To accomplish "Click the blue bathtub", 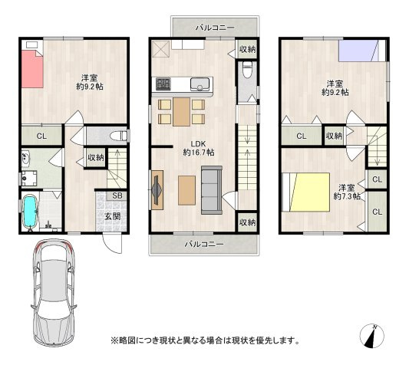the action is click(x=31, y=211).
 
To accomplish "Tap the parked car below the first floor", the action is click(x=54, y=293).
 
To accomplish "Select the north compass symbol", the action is click(x=371, y=336).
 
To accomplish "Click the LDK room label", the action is click(x=199, y=148).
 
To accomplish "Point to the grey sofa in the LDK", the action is click(x=212, y=190).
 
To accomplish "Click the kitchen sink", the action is click(x=200, y=84).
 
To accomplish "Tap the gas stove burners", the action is click(x=163, y=84).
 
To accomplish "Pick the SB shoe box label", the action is click(x=117, y=195).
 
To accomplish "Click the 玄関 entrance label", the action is click(x=113, y=216).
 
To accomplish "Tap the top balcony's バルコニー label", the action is click(x=215, y=28).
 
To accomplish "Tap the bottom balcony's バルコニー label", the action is click(x=204, y=245).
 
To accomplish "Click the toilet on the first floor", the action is click(x=119, y=136).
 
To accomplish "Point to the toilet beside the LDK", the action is click(x=247, y=69).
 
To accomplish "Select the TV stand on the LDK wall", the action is click(x=157, y=190).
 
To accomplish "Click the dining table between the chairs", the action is click(x=181, y=112).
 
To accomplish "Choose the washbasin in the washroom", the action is click(x=26, y=159).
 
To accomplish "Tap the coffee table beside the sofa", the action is click(x=186, y=190).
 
